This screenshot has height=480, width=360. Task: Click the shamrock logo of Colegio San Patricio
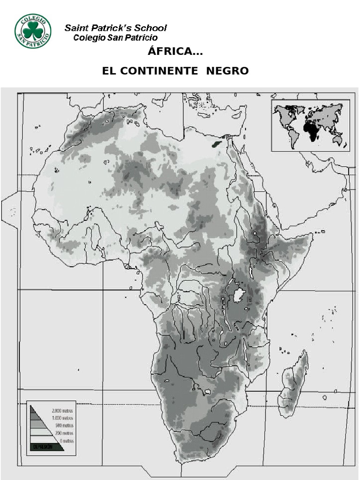click(33, 30)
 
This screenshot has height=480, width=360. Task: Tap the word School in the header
click(150, 28)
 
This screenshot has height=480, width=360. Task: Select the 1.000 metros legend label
click(62, 418)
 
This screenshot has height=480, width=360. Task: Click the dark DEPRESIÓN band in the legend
click(47, 447)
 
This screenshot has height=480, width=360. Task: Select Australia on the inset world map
click(337, 139)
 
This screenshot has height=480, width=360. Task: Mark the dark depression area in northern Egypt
click(217, 143)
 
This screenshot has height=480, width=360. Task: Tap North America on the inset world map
click(285, 115)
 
